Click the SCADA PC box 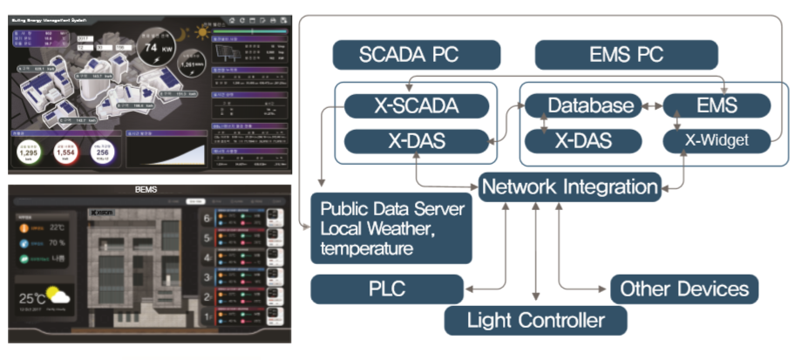tap(417, 55)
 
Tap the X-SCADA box tap(415, 106)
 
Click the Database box tap(588, 106)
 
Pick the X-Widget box tap(716, 139)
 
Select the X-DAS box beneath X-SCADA tap(415, 139)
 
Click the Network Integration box tap(570, 186)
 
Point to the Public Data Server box tap(391, 228)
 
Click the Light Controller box tap(535, 320)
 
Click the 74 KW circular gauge tap(156, 49)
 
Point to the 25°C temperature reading tap(34, 299)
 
